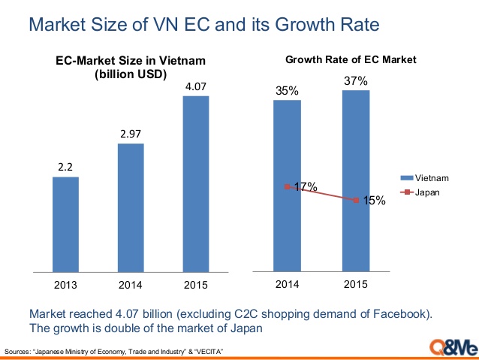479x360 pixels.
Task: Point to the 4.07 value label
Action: tap(196, 88)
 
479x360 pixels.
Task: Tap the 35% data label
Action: tap(287, 92)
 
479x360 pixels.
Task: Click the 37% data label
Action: tap(355, 81)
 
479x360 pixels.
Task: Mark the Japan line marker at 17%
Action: tap(288, 186)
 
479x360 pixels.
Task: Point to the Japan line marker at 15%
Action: tap(355, 200)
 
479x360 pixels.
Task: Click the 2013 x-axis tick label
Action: tap(65, 286)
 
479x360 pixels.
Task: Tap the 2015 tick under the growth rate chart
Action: tap(355, 284)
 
